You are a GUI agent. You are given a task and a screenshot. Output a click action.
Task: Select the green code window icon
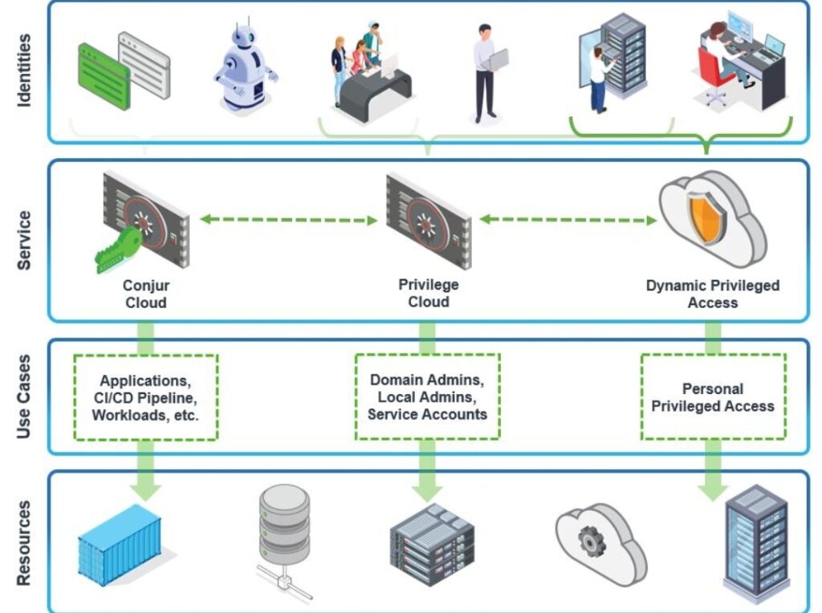click(104, 76)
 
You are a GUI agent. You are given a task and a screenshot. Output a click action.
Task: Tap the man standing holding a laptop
click(486, 72)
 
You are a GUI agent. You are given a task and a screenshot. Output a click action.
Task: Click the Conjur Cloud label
click(146, 294)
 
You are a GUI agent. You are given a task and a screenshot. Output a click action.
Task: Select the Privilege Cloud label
click(428, 293)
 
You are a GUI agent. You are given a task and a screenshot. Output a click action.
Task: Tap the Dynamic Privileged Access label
click(712, 294)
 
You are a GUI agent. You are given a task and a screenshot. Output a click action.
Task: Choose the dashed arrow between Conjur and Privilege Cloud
click(288, 219)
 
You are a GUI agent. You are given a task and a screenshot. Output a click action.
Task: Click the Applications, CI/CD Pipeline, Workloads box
click(146, 396)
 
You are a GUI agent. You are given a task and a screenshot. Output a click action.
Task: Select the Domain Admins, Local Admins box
click(428, 396)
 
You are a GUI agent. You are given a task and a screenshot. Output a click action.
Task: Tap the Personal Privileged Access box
click(712, 397)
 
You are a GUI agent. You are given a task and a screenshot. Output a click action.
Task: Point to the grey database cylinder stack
click(284, 526)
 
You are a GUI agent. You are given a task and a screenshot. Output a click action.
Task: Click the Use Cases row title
click(25, 396)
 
